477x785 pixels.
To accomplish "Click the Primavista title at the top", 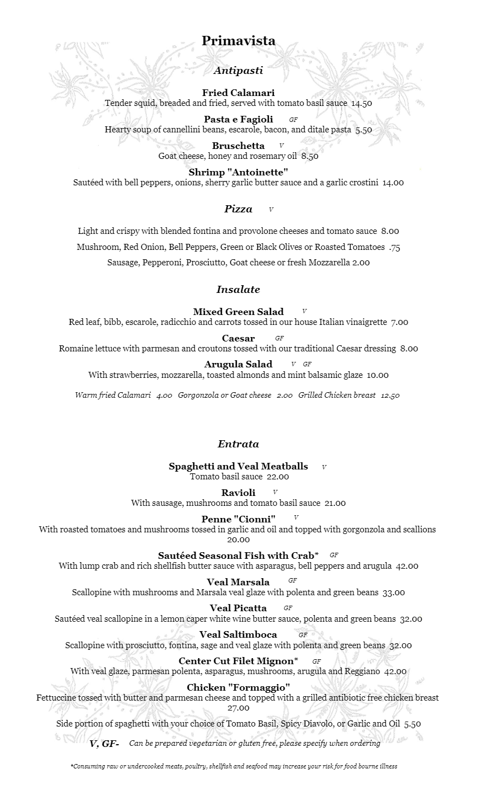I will (x=239, y=41).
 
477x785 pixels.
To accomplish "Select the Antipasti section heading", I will (x=238, y=71).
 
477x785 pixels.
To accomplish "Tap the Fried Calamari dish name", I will (x=238, y=93).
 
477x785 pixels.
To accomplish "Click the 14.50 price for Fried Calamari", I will (x=362, y=103).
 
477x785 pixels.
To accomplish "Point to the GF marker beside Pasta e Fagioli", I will (x=293, y=120).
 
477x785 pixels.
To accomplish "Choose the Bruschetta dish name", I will (x=238, y=146).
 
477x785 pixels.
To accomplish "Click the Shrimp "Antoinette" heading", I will (x=238, y=172).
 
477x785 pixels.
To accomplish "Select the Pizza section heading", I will (x=238, y=209).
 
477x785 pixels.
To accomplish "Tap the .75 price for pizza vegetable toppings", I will (x=394, y=247).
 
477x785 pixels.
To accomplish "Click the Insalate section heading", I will (x=238, y=290).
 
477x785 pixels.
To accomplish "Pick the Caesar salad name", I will (x=238, y=338).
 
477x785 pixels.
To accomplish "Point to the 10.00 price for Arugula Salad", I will (x=378, y=375).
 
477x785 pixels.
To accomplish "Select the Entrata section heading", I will (x=238, y=444).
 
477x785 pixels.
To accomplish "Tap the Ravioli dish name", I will (x=238, y=493).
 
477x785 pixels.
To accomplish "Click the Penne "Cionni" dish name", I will (x=238, y=519).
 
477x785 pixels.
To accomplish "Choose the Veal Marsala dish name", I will (x=238, y=582).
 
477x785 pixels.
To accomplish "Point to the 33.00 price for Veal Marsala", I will (x=394, y=593).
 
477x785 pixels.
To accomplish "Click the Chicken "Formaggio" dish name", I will (x=238, y=687).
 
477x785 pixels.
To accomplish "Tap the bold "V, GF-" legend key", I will (x=104, y=744).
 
